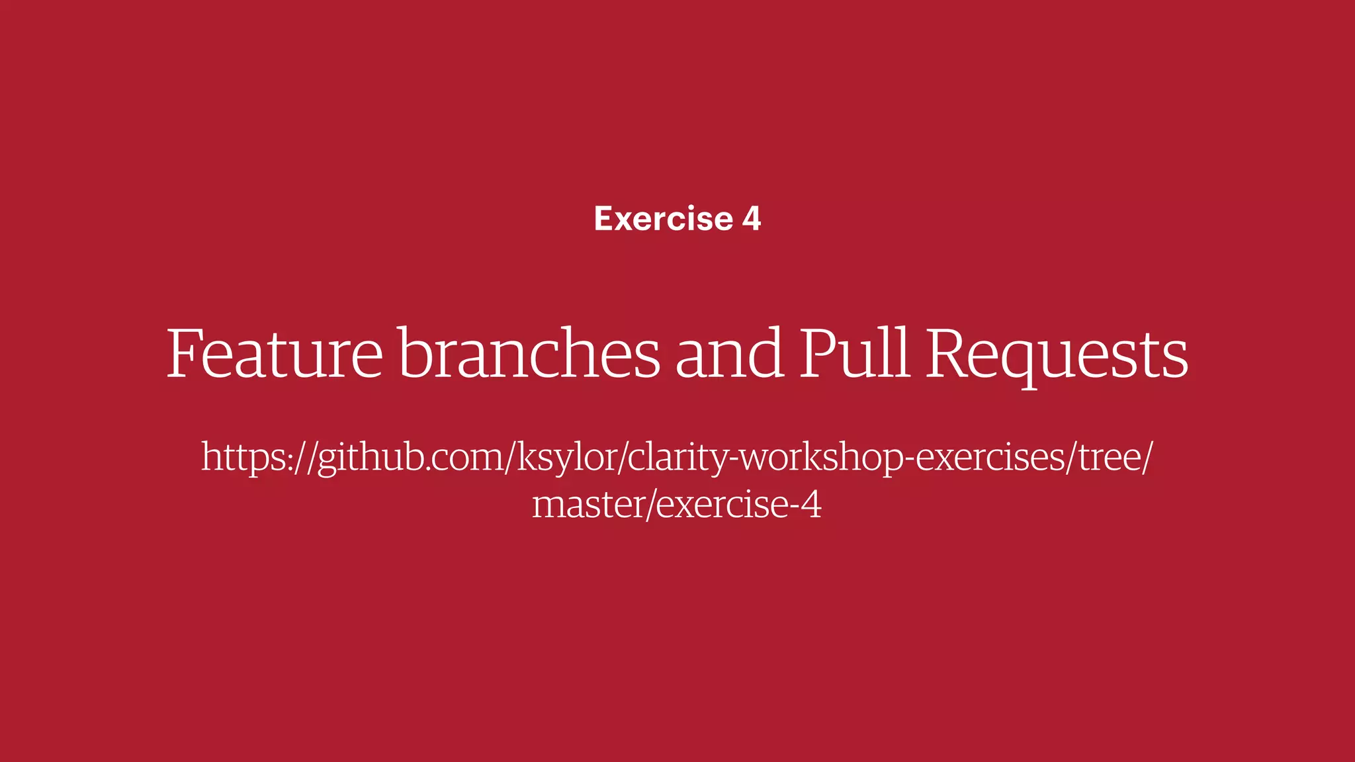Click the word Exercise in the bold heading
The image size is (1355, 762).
coord(664,219)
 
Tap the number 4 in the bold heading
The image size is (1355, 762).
coord(752,219)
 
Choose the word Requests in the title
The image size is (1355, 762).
coord(1057,355)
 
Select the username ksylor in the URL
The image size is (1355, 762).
coord(566,458)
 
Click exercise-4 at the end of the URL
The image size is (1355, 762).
coord(739,505)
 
